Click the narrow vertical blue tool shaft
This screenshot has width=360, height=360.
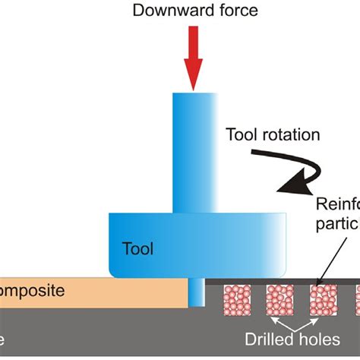pos(195,152)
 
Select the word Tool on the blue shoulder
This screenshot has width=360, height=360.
pos(137,248)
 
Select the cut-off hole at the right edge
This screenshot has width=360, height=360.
pos(356,300)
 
